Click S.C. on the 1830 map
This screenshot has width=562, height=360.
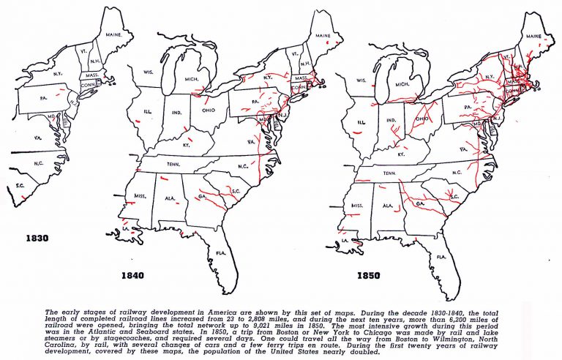click(x=20, y=186)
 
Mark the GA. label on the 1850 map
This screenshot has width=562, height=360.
click(x=420, y=204)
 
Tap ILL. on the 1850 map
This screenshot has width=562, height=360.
click(x=361, y=122)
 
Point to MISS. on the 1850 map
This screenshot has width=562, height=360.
click(x=358, y=206)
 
